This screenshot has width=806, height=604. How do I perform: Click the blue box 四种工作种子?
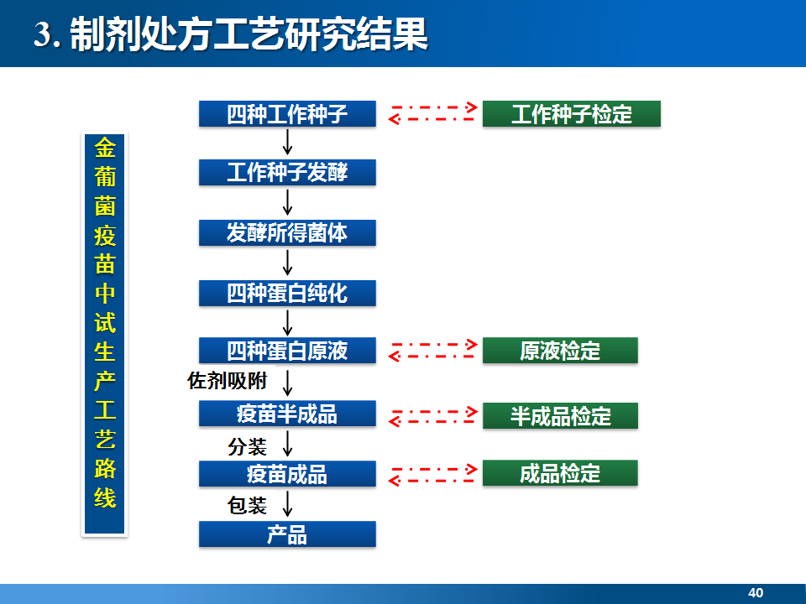tap(287, 113)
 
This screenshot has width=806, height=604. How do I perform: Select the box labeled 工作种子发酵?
tap(287, 172)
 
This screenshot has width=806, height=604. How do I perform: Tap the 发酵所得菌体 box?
tap(287, 232)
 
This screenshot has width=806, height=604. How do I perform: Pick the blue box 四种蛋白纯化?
tap(287, 294)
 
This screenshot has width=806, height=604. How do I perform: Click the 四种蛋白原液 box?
tap(287, 351)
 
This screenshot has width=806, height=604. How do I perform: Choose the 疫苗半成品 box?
tap(287, 414)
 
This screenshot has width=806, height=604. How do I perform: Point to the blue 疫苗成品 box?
tap(287, 473)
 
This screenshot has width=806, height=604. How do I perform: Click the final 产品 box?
tap(287, 534)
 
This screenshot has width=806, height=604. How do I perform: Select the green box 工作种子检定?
tap(572, 113)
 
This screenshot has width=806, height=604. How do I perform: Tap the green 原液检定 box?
tap(560, 351)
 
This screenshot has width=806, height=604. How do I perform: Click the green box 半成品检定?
tap(560, 415)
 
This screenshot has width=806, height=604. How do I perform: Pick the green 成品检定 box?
tap(560, 473)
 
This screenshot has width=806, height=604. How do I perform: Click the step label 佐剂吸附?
tap(228, 381)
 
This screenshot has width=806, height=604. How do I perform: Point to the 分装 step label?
tap(247, 447)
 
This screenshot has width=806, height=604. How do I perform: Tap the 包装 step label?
tap(247, 505)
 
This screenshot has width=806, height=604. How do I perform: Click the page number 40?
tap(756, 593)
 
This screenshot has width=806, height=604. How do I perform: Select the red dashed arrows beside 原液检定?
tap(433, 351)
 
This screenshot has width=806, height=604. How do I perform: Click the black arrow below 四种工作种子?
tap(288, 143)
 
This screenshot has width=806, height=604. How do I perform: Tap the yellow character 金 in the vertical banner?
tap(105, 148)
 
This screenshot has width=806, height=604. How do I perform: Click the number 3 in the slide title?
tap(42, 34)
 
